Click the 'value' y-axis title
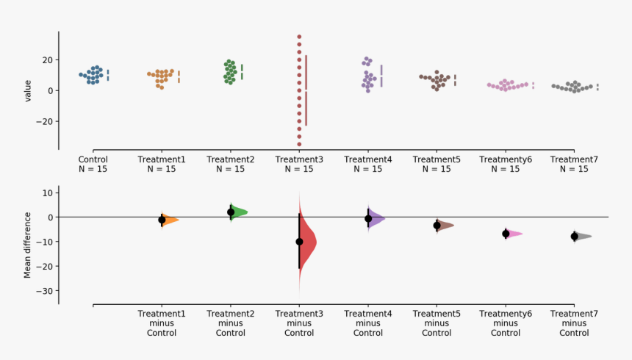(28, 90)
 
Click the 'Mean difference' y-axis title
(28, 245)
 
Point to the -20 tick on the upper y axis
(46, 121)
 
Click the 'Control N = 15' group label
(93, 164)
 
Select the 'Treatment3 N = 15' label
(299, 164)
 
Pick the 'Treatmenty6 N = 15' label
(505, 164)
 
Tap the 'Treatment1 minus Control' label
(162, 323)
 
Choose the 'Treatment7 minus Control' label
(574, 323)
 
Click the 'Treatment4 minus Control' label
(368, 323)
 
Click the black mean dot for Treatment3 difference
(299, 242)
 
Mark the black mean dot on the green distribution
(231, 212)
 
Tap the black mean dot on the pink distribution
(506, 234)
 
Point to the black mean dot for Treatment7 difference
(575, 237)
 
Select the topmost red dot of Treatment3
(299, 36)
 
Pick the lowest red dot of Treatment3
(299, 145)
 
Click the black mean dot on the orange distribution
(162, 220)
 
